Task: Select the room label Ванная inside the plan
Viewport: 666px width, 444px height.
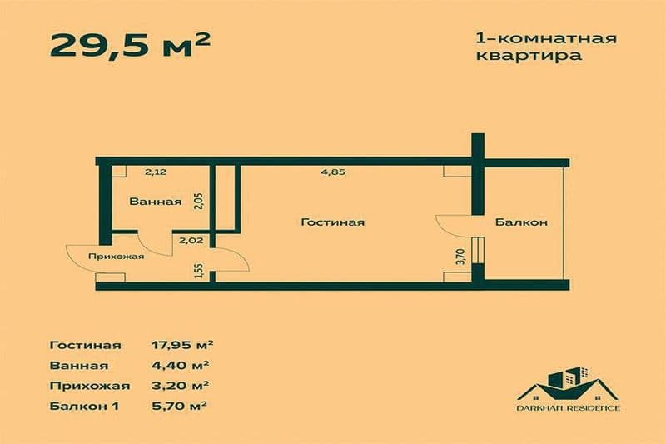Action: click(155, 202)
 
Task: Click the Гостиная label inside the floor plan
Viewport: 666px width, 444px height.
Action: click(333, 222)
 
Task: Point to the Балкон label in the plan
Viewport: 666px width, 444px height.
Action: click(520, 222)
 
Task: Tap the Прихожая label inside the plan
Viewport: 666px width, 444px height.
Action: click(117, 257)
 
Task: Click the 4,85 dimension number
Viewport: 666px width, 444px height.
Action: click(333, 173)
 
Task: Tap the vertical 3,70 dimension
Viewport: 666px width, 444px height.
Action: click(460, 257)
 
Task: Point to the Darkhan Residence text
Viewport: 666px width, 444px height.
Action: click(566, 408)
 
